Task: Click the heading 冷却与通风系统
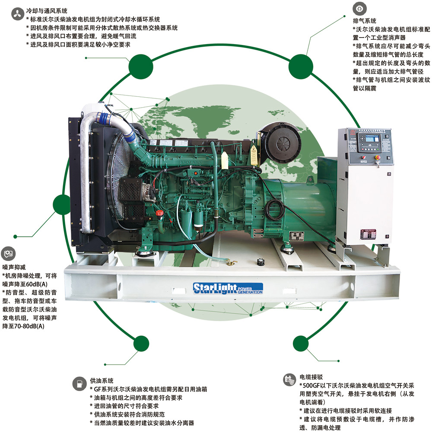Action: click(47, 11)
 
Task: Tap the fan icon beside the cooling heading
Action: click(18, 14)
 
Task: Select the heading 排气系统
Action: click(365, 21)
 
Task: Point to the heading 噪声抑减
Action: click(14, 267)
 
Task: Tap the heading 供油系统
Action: click(102, 381)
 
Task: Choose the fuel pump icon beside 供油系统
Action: click(79, 384)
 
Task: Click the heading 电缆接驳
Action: click(311, 377)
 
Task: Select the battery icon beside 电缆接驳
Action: click(289, 380)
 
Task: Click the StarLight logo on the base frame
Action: click(228, 288)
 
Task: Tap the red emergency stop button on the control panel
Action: click(378, 157)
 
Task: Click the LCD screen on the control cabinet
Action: click(372, 138)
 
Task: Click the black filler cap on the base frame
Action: click(260, 262)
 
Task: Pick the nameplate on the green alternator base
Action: click(297, 236)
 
